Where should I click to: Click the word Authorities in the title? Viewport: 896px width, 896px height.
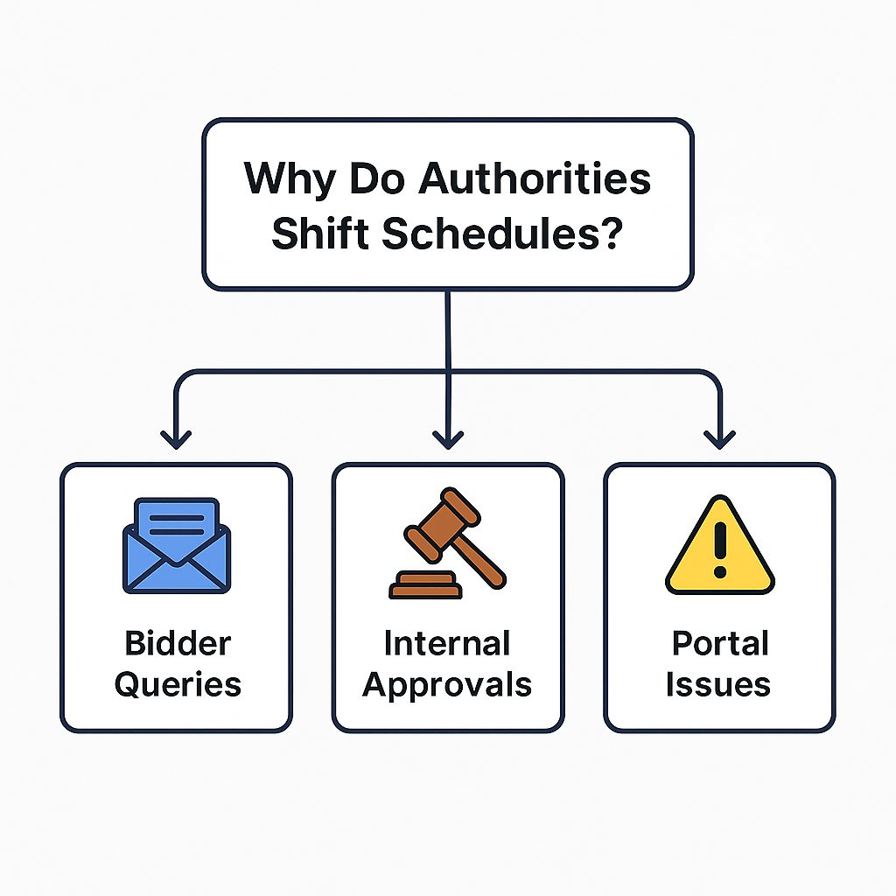click(535, 178)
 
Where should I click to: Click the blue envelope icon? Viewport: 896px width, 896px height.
click(177, 546)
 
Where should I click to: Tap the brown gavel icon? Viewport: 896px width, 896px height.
click(447, 542)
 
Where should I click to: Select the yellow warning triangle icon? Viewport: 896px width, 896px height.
click(720, 545)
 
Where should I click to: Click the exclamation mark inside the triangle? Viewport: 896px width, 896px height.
click(720, 549)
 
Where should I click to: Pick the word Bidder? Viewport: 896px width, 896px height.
click(178, 643)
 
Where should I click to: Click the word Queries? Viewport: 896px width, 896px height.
click(178, 684)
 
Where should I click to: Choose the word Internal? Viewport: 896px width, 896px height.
click(447, 643)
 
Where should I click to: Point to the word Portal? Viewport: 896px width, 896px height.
click(720, 643)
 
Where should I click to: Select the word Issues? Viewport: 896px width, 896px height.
click(718, 684)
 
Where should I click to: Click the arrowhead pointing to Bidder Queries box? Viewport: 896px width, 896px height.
click(176, 439)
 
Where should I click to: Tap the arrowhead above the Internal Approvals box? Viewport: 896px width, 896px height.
click(448, 439)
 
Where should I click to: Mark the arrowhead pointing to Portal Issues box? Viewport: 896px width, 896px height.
click(719, 439)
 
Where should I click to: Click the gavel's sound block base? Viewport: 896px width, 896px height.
click(426, 585)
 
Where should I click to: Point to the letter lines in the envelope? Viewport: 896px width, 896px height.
click(177, 525)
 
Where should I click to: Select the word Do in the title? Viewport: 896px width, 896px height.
click(376, 178)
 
